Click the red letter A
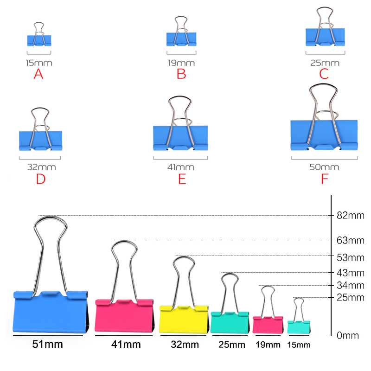tap(38, 74)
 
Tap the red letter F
tap(324, 179)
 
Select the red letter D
tap(41, 179)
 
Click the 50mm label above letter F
tap(324, 167)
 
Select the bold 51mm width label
tap(47, 345)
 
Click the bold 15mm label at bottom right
tap(299, 345)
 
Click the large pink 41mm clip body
tap(124, 316)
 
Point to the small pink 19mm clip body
tap(268, 325)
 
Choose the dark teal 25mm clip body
tap(229, 322)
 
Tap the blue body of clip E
tap(181, 137)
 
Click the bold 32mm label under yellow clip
tap(184, 345)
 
